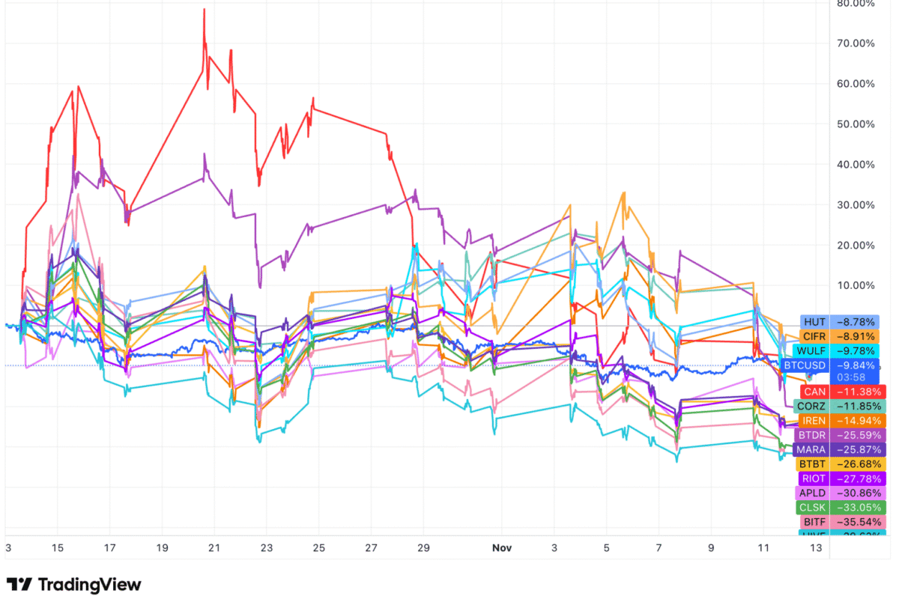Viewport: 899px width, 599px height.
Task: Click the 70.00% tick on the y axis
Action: click(856, 43)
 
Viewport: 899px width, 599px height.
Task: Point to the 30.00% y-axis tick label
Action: click(856, 205)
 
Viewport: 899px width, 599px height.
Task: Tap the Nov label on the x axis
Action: click(501, 548)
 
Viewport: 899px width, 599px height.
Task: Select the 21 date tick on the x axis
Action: click(214, 548)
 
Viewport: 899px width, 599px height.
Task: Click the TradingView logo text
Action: click(89, 584)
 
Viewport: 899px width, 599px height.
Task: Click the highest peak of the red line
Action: click(204, 10)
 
